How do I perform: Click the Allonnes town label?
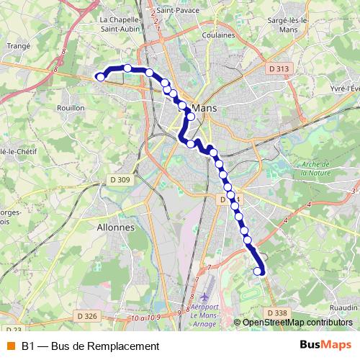(x=115, y=226)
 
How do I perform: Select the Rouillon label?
(x=71, y=107)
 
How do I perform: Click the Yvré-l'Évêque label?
(x=343, y=86)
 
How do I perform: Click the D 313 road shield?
(x=277, y=68)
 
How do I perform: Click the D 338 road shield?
(x=276, y=312)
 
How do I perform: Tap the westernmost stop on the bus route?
(x=101, y=76)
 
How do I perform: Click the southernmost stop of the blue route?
(x=259, y=271)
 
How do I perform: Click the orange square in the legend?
(x=11, y=346)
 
